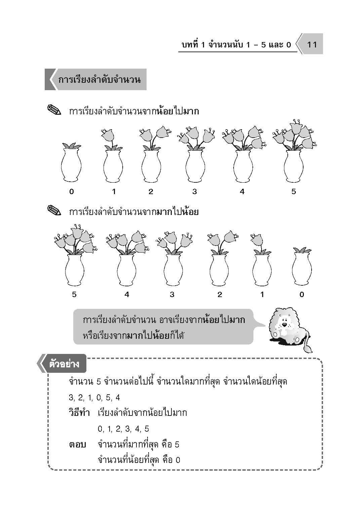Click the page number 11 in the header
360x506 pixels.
pos(312,45)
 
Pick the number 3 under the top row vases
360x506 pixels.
pos(195,192)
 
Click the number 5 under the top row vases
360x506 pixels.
pos(293,192)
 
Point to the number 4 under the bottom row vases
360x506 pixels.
pos(127,295)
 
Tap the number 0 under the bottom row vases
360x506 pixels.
pos(302,295)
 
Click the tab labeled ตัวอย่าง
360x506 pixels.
pos(64,364)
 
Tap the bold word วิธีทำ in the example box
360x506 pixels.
pos(79,413)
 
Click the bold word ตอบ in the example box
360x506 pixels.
pos(77,444)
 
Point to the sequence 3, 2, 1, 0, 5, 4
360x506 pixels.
pos(94,397)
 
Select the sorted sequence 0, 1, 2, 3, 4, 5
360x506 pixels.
pos(123,429)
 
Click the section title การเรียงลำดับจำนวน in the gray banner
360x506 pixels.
pos(99,79)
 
